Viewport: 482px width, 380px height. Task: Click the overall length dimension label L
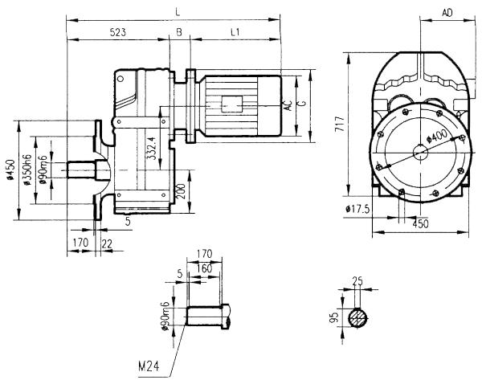point(176,10)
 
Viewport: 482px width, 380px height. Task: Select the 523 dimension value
point(117,32)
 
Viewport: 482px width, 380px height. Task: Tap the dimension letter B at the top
point(178,32)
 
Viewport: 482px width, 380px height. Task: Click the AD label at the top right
point(447,12)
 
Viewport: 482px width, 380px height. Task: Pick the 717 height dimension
point(341,124)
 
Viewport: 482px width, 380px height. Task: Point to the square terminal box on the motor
point(232,104)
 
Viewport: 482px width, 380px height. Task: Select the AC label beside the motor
point(288,104)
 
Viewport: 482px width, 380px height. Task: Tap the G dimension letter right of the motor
point(301,104)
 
